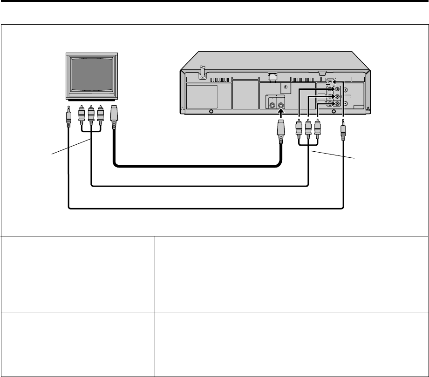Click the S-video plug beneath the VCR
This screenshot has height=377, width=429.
[280, 133]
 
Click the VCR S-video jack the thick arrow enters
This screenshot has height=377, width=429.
[280, 105]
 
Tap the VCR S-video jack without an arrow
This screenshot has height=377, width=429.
[272, 105]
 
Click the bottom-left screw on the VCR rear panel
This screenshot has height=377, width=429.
[211, 112]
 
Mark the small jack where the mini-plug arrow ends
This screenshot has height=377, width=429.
[330, 81]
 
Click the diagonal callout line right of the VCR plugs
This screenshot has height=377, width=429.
[333, 154]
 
